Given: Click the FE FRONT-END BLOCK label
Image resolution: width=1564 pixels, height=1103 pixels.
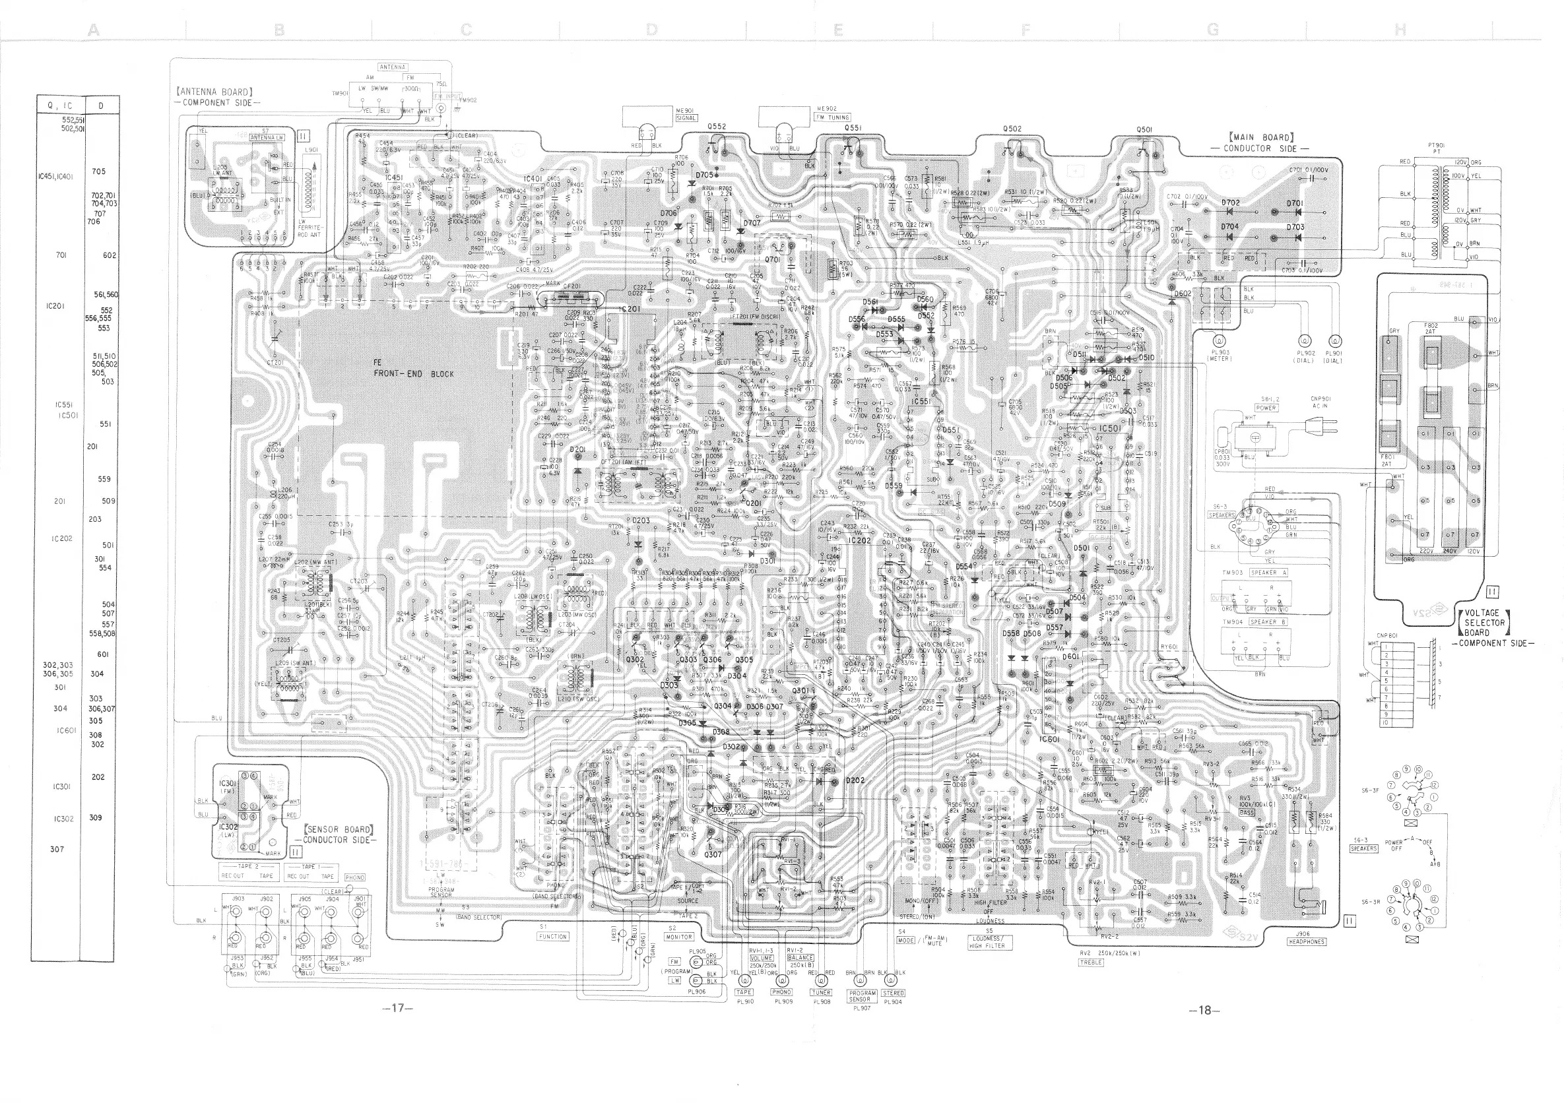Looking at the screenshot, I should click(x=413, y=368).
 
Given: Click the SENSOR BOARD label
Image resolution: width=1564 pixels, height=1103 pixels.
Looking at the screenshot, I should click(x=339, y=834).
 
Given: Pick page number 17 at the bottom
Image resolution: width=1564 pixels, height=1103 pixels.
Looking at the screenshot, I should click(x=398, y=1009).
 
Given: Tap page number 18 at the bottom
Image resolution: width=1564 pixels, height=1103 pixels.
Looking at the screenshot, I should click(x=1204, y=1010).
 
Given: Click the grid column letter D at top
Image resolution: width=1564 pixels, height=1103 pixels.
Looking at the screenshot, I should click(x=652, y=29).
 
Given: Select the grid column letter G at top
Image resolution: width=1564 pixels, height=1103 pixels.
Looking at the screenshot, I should click(x=1213, y=29).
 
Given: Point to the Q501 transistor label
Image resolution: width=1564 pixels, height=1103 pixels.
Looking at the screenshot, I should click(x=1144, y=129).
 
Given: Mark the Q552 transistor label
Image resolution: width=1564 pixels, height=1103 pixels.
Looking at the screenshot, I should click(x=717, y=127).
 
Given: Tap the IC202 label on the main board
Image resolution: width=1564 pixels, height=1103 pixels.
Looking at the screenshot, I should click(x=859, y=540).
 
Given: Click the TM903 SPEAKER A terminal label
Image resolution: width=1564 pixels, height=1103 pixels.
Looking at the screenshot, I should click(x=1254, y=573).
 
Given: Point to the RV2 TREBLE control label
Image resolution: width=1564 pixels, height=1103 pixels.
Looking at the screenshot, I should click(x=1091, y=957).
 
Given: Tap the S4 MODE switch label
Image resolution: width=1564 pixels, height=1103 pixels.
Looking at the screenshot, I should click(x=905, y=936).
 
